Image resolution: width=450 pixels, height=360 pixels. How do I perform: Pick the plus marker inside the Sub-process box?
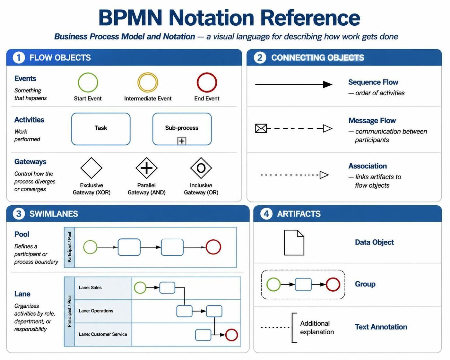pos(182,141)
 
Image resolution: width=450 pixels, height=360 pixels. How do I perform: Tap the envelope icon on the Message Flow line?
pos(261,128)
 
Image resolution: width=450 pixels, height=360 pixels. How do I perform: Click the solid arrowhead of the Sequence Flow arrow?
pos(327,84)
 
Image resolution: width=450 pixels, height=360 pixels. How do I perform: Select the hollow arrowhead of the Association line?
pos(324,175)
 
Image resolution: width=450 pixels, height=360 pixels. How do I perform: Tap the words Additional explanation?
pos(317,328)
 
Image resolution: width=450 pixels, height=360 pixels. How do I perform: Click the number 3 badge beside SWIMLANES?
pos(19,214)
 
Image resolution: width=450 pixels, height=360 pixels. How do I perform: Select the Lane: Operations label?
pos(96,311)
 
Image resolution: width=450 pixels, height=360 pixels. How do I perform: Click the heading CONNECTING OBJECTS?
pos(318,58)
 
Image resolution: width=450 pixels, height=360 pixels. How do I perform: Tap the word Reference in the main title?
pos(310,18)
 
